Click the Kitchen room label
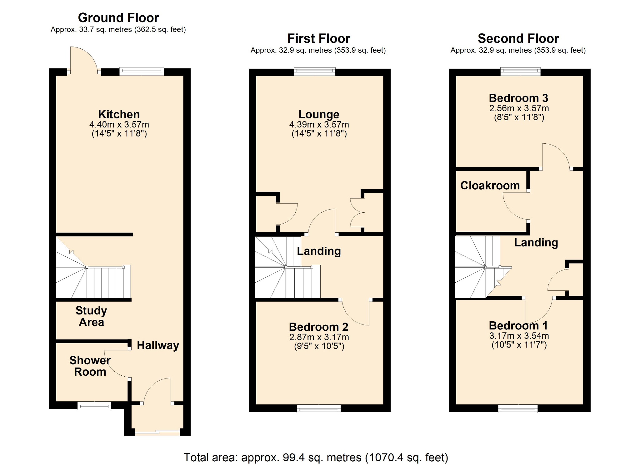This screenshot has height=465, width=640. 119,114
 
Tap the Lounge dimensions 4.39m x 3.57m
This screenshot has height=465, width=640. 319,125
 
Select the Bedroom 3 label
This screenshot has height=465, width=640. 518,98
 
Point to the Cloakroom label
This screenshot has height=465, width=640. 490,186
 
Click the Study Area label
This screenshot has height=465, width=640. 91,316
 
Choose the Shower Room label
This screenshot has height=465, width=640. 90,366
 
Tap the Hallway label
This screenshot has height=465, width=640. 158,345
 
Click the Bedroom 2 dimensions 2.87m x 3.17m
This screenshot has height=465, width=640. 319,337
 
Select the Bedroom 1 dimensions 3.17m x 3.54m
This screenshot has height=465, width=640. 519,336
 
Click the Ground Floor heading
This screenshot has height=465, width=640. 118,18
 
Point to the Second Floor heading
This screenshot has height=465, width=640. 518,39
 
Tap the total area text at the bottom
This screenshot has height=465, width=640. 316,458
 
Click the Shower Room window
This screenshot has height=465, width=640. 94,405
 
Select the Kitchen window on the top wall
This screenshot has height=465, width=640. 142,72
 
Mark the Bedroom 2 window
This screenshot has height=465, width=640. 319,408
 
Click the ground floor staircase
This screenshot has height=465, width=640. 93,267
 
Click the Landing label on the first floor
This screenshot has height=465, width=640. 319,251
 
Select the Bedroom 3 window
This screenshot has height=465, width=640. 520,72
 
